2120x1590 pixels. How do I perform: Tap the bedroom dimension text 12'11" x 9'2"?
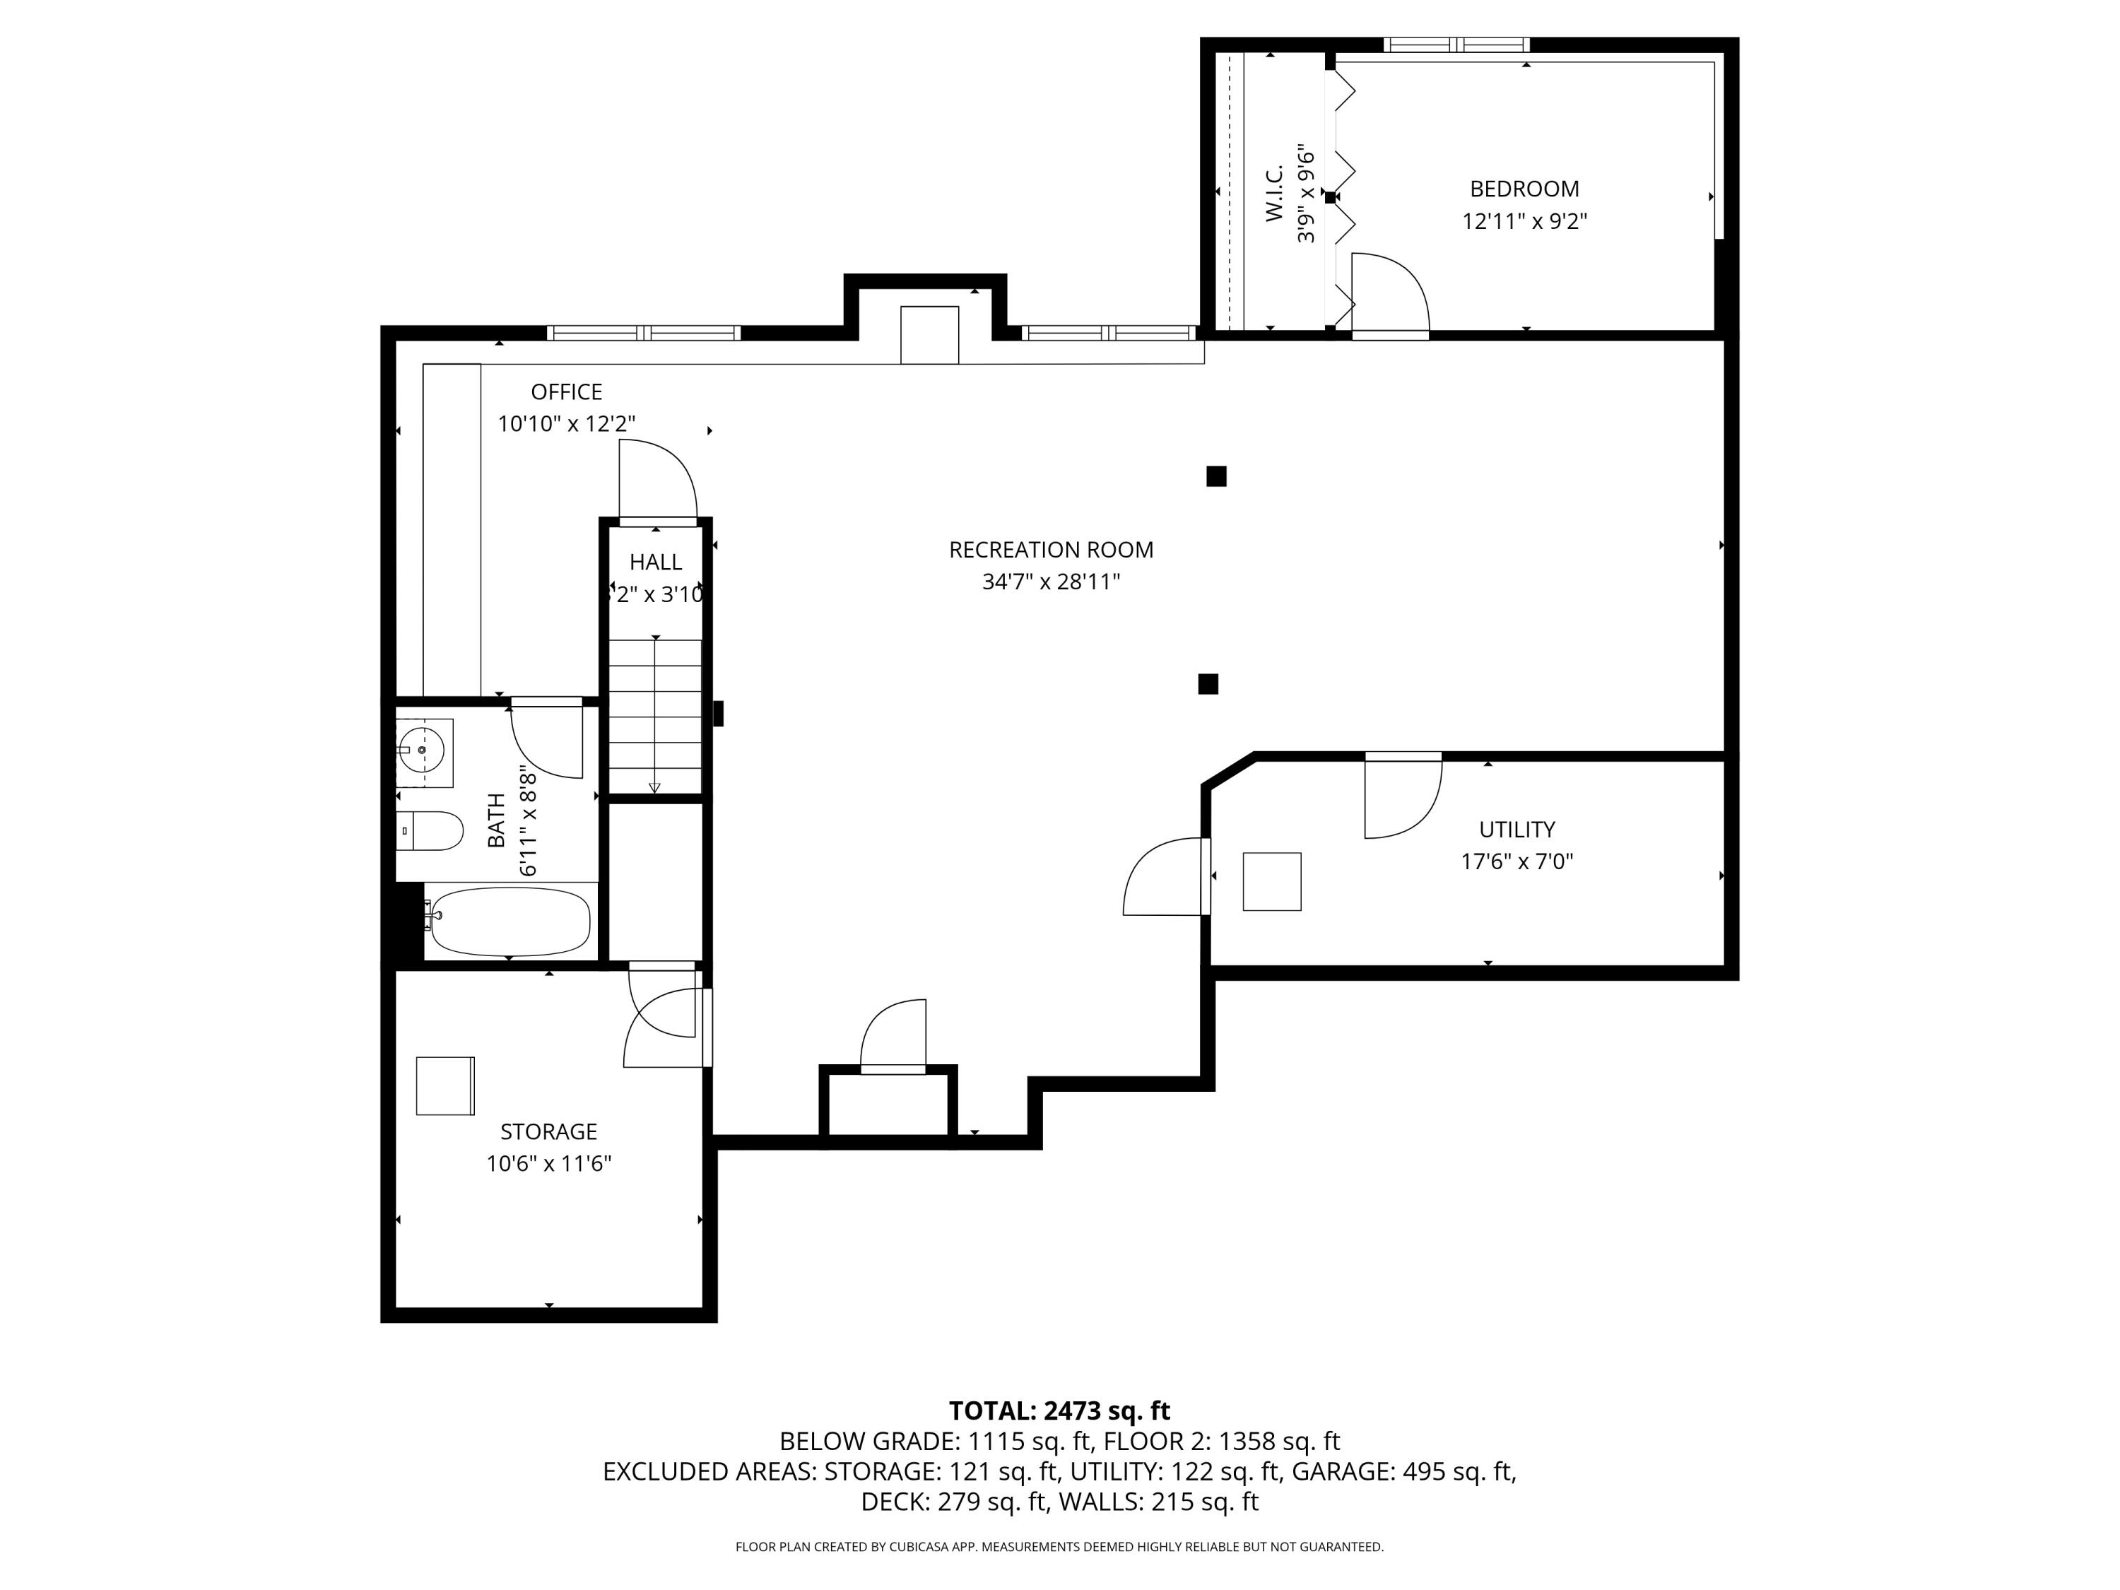1524,221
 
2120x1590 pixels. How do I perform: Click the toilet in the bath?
430,831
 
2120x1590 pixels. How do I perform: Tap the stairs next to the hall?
656,715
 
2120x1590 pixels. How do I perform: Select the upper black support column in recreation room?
1216,476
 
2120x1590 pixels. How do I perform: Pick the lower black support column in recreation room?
1208,683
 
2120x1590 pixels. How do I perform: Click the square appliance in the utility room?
1272,881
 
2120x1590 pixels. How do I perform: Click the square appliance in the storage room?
444,1086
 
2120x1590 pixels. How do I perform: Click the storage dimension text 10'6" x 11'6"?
548,1163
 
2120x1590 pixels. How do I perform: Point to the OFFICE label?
567,392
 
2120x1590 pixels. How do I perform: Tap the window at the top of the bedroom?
1456,44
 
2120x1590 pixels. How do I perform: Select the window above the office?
643,333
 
